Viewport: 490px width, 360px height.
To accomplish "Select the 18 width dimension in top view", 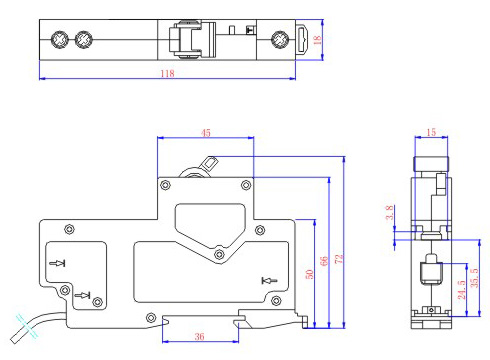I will pos(318,41).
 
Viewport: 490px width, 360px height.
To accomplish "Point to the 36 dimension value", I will pos(199,337).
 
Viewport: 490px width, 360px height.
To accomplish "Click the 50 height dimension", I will pos(310,274).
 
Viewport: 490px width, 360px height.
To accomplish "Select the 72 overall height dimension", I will pos(339,258).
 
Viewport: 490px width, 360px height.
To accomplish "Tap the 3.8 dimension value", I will pos(390,213).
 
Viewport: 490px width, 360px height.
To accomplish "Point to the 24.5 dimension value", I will pos(460,290).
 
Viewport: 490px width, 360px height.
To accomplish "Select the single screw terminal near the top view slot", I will pos(280,41).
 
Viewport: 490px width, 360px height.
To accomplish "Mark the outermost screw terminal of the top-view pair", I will pos(59,41).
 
